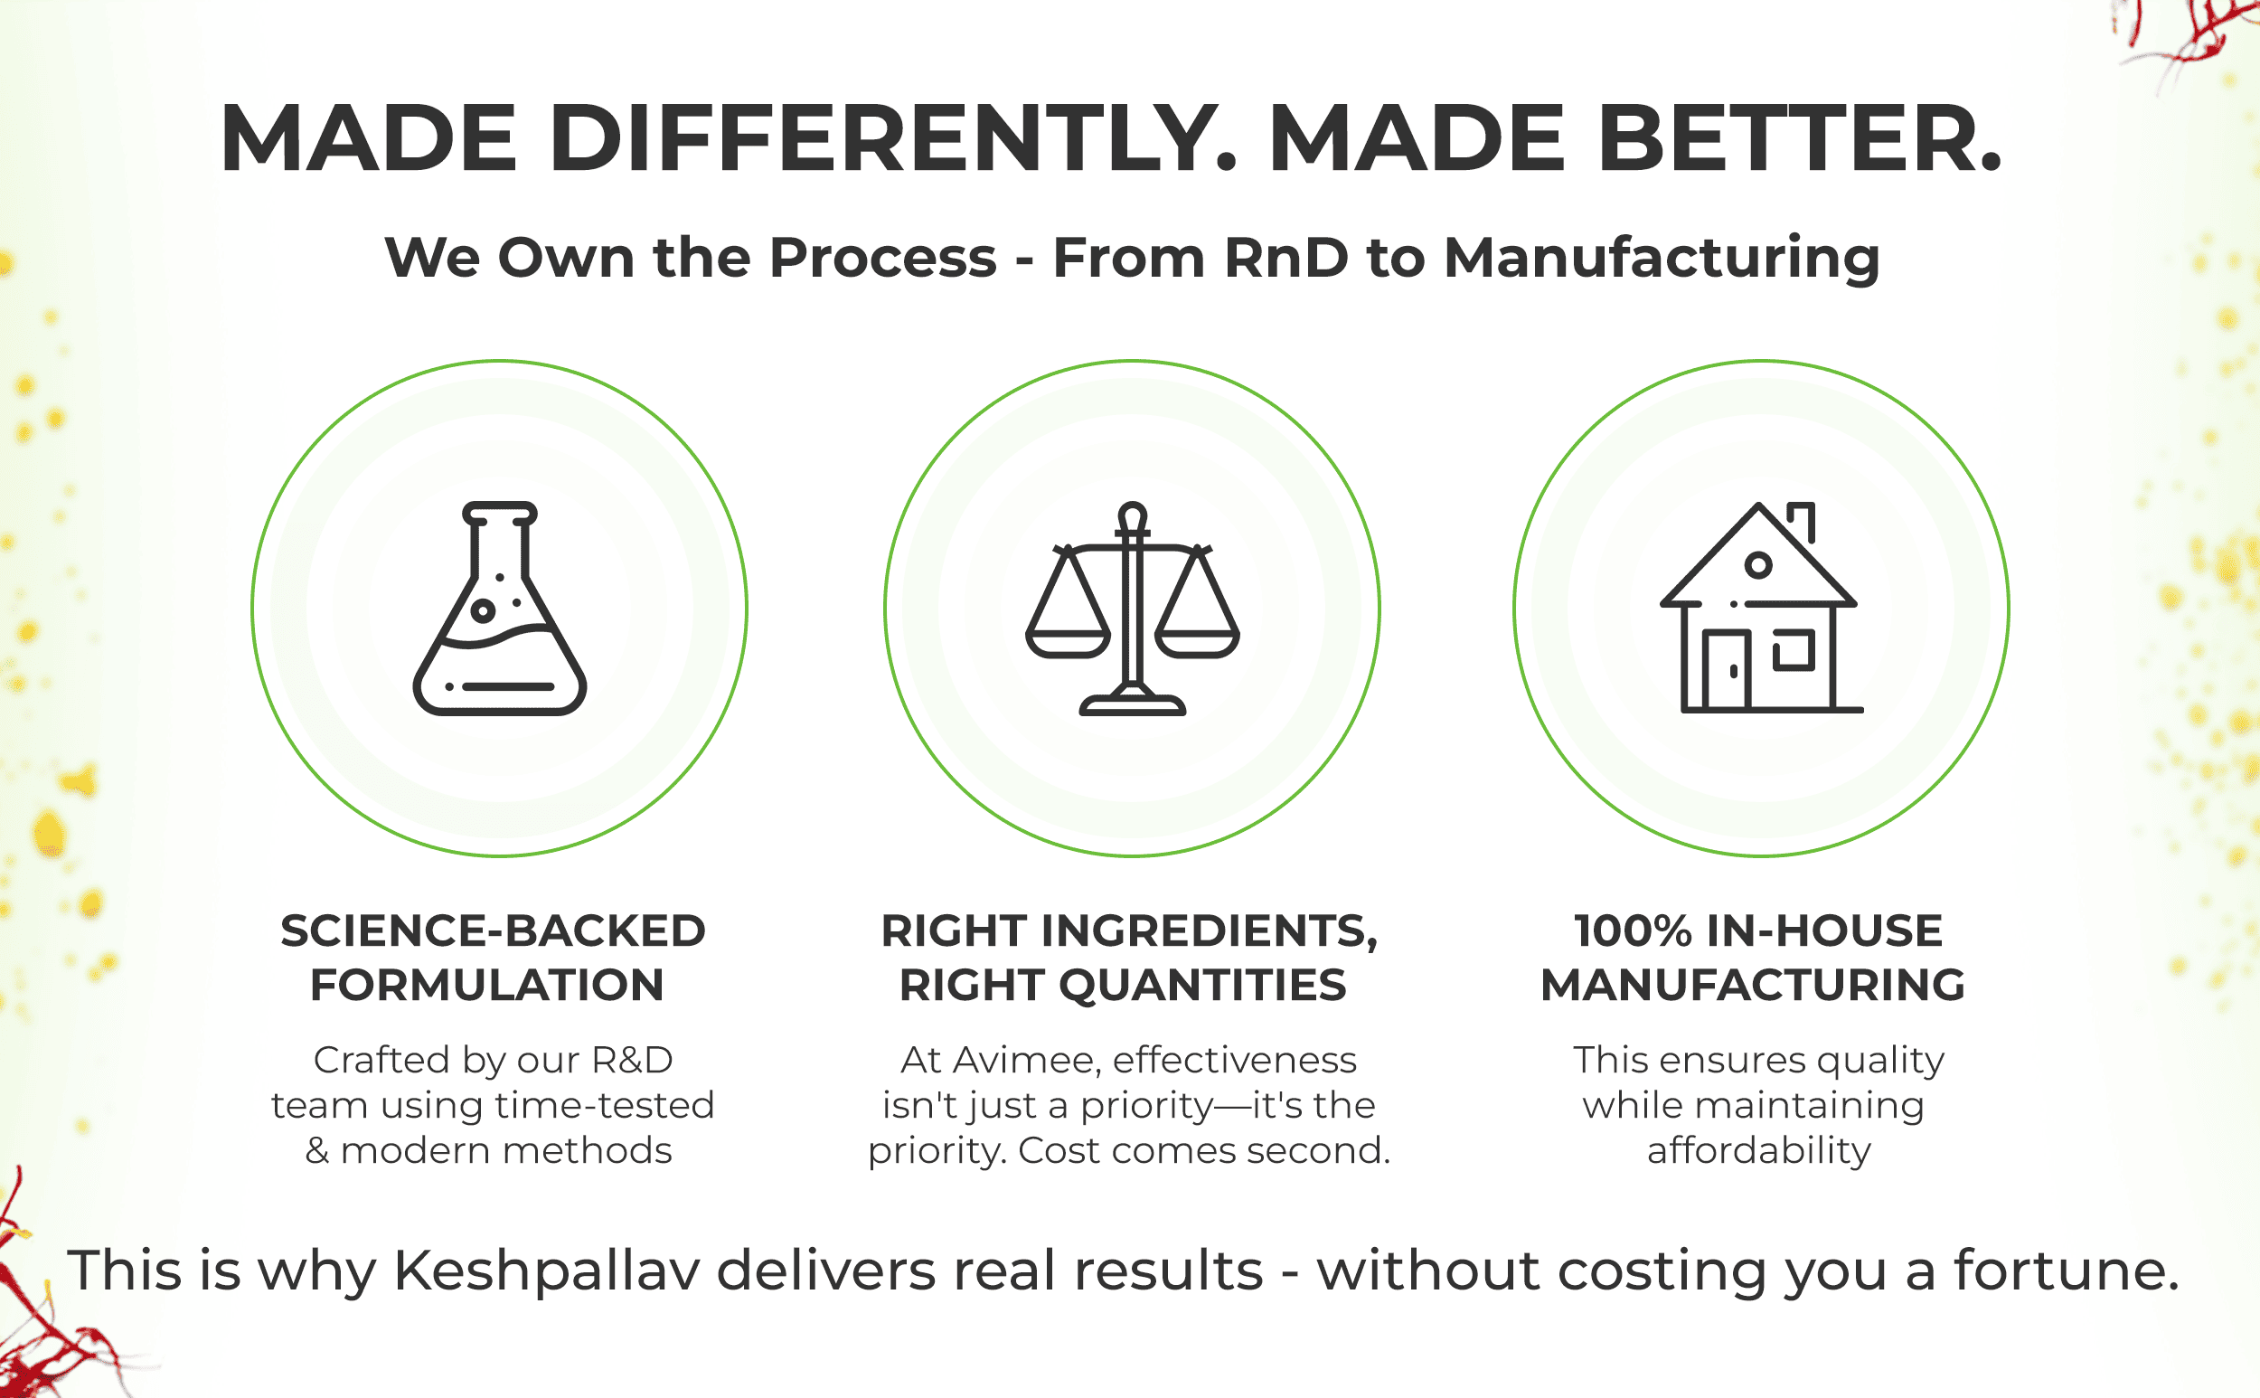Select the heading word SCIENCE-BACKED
pos(493,930)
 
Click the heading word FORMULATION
pos(487,985)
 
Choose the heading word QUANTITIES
pos(1201,985)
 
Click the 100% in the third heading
pos(1634,930)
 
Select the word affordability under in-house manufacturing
pos(1759,1151)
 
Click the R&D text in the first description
pos(632,1060)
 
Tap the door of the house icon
pos(1726,670)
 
